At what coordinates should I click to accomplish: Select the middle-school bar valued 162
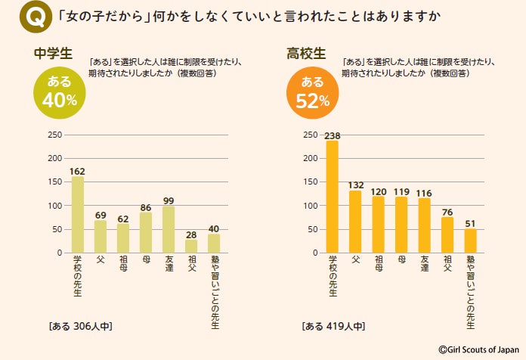(77, 215)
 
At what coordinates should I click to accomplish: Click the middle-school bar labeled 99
(169, 229)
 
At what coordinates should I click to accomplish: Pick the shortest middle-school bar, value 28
(191, 246)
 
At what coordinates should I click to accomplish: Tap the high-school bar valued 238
(332, 197)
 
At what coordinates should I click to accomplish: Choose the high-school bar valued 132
(355, 222)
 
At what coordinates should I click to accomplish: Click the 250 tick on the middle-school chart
(54, 135)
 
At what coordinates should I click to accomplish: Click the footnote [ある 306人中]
(80, 327)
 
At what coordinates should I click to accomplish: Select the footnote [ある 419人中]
(333, 327)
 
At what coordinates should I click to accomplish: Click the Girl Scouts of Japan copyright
(478, 349)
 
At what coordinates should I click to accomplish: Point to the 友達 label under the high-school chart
(424, 265)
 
